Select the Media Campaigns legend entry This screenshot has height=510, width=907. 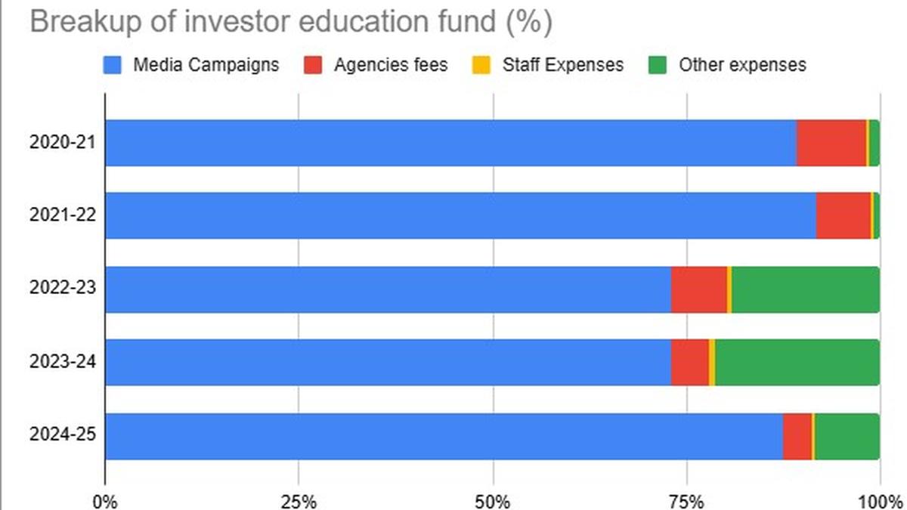point(192,65)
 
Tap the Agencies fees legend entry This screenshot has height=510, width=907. point(379,65)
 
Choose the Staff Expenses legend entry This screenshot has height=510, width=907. point(551,65)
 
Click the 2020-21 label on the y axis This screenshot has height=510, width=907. point(63,143)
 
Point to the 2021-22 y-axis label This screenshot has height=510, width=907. point(63,216)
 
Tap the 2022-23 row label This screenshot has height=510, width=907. point(63,289)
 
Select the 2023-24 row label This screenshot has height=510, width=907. point(63,363)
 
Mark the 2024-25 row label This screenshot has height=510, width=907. point(63,436)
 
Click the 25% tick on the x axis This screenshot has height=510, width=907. point(299,500)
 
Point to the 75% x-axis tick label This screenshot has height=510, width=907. point(687,500)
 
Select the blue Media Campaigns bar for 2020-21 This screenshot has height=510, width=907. point(450,143)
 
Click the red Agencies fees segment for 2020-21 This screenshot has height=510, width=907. point(831,143)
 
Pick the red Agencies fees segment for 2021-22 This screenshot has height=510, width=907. point(843,216)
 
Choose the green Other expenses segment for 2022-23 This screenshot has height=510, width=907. point(805,289)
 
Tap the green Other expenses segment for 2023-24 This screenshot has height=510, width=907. point(797,363)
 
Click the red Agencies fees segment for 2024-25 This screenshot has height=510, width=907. point(797,436)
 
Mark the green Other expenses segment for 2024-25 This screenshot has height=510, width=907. point(847,436)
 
